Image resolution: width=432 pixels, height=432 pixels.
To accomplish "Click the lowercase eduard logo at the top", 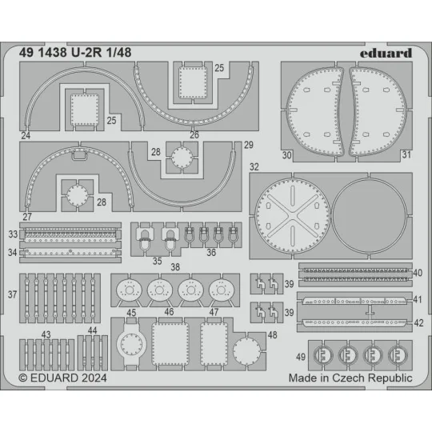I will [386, 53].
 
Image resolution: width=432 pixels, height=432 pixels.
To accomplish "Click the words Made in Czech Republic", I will [350, 378].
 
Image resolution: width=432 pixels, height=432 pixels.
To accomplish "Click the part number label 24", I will [26, 136].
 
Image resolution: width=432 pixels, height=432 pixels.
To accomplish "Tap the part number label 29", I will [248, 145].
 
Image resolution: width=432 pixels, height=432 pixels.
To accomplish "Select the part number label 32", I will [254, 167].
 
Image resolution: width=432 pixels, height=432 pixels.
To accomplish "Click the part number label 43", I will [46, 335].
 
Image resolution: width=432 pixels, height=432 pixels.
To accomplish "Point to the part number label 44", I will [92, 330].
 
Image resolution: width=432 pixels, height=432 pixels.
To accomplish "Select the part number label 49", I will [300, 356].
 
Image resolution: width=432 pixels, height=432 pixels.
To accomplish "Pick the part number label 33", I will [13, 234].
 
